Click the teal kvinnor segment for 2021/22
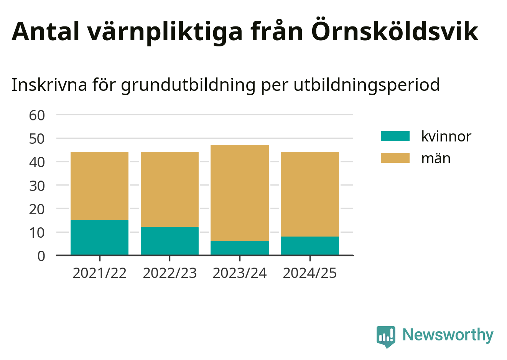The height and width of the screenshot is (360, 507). [x=100, y=238]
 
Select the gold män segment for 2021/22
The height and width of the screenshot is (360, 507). [x=100, y=186]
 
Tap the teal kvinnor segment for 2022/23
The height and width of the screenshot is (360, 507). [x=170, y=241]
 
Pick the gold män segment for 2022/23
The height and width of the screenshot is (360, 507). [x=170, y=189]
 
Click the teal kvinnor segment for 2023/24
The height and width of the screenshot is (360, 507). [x=240, y=248]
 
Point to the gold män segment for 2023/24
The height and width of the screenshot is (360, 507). [x=240, y=193]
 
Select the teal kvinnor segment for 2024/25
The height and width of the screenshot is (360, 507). [x=310, y=246]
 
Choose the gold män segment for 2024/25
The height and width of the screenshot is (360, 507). [x=310, y=194]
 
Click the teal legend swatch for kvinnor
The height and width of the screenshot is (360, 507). [x=395, y=136]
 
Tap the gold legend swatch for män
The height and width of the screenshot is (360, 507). [x=395, y=158]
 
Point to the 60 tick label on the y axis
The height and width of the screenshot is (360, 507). [x=37, y=115]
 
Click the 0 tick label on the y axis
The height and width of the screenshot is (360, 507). [x=41, y=256]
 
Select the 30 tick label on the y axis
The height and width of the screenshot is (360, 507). [x=37, y=186]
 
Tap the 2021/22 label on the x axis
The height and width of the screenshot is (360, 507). [x=100, y=273]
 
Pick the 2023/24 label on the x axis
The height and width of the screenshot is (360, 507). [x=240, y=273]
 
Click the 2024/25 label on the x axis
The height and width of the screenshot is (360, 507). [x=310, y=273]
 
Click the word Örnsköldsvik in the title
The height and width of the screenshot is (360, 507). [x=395, y=30]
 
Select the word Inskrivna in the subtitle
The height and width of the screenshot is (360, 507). [x=49, y=85]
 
